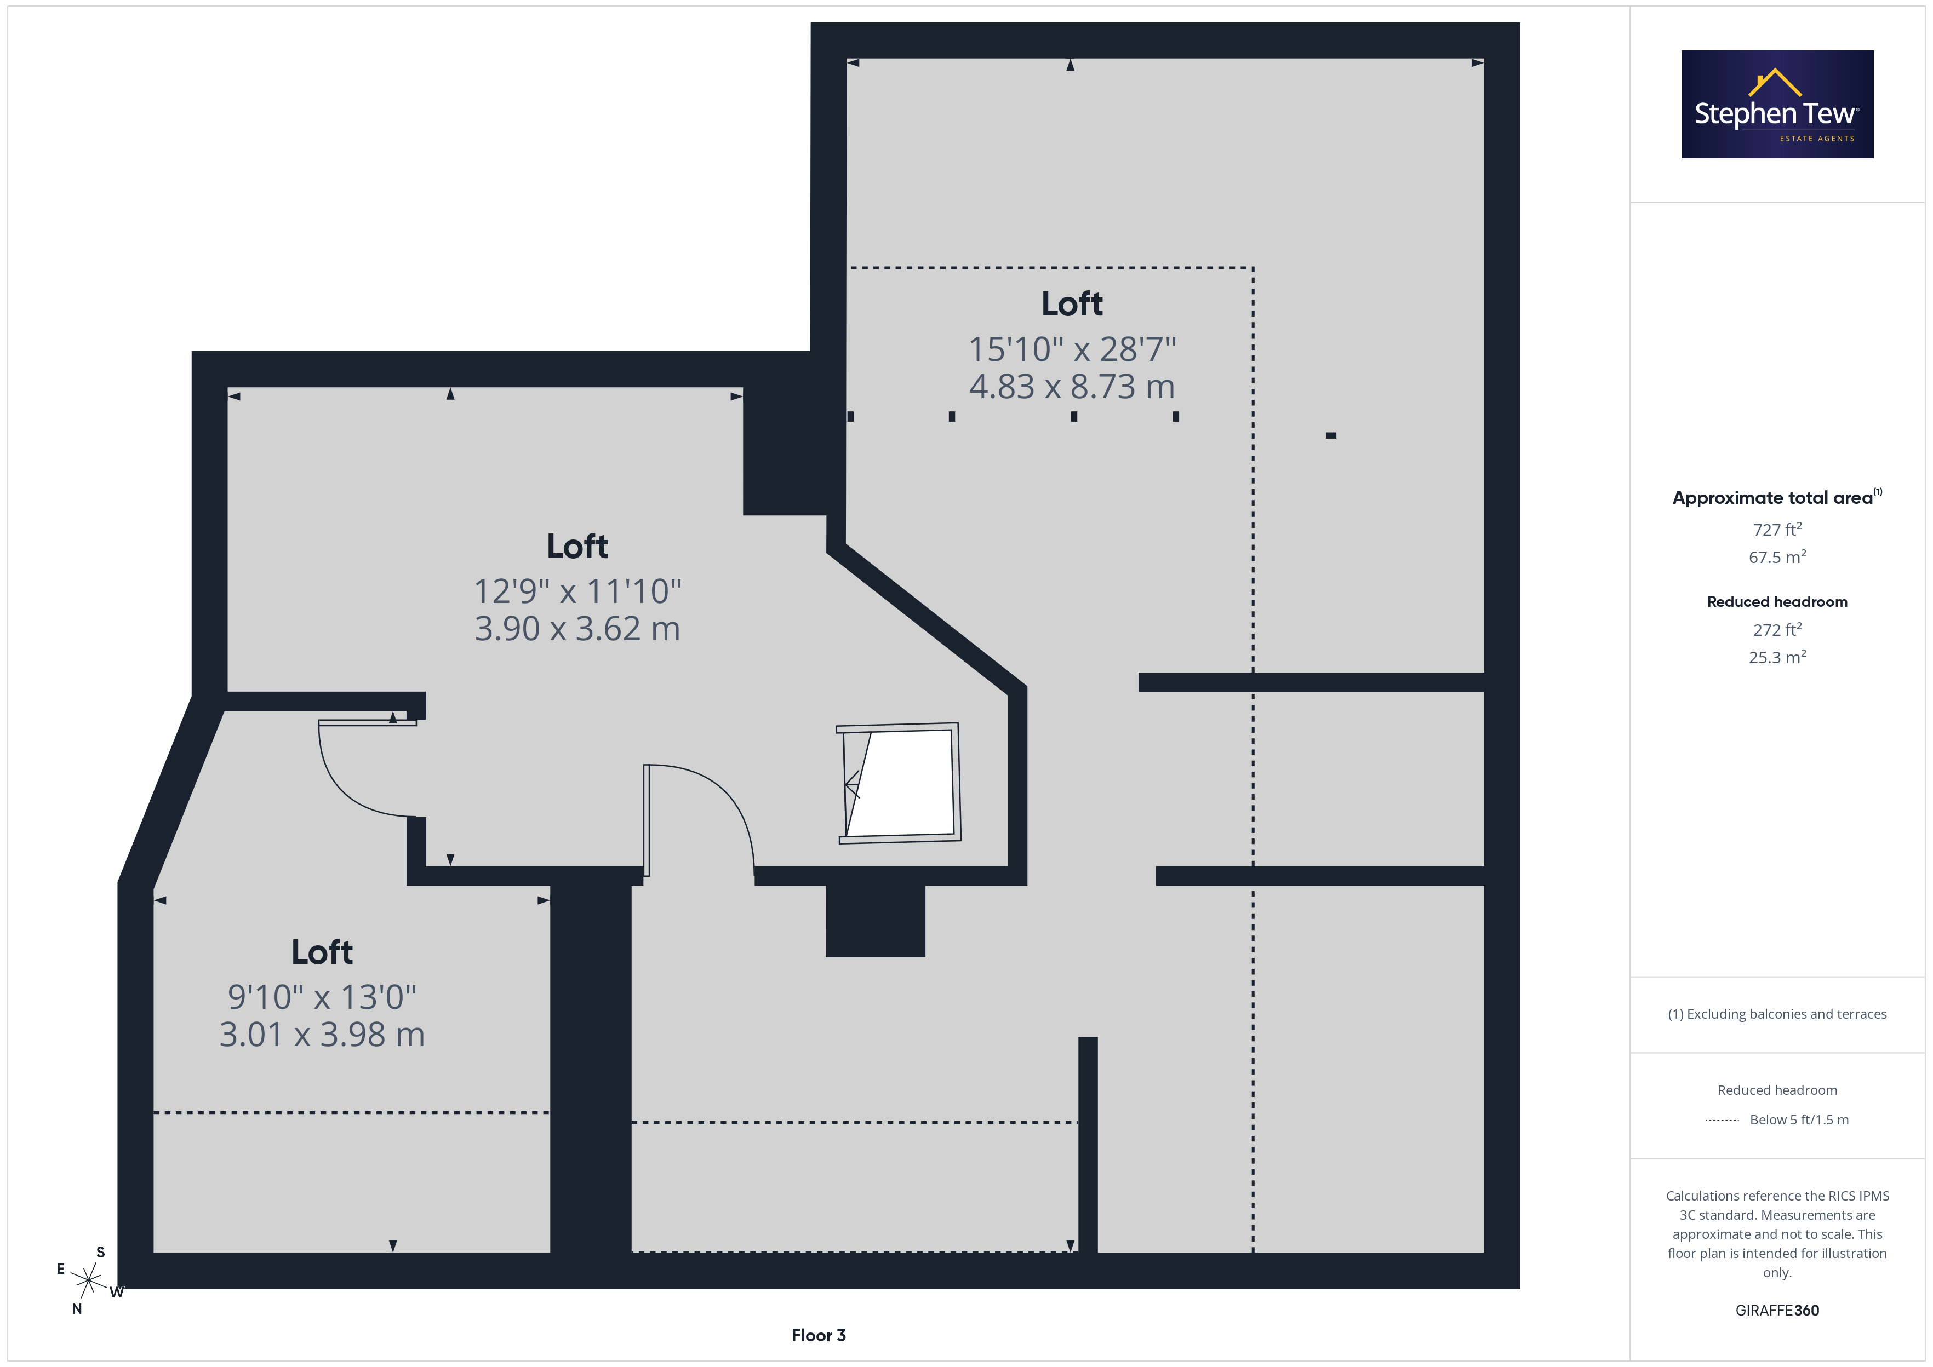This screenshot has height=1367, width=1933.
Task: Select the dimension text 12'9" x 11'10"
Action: click(x=577, y=591)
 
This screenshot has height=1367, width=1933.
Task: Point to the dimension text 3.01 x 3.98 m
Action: click(x=323, y=1035)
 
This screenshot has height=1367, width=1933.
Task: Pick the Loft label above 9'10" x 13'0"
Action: click(x=323, y=952)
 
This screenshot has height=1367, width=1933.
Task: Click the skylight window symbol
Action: click(x=899, y=783)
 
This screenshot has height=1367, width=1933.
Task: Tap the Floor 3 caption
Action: click(x=819, y=1335)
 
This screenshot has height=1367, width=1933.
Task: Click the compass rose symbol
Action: click(x=88, y=1280)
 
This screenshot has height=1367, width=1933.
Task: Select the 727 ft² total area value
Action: click(x=1777, y=530)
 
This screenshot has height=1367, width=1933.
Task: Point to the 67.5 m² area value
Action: click(x=1777, y=557)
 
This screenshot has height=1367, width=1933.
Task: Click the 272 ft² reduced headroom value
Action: click(x=1777, y=630)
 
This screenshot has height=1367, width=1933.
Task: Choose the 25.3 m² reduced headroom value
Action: click(x=1777, y=657)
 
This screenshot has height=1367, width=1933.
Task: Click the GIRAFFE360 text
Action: click(x=1777, y=1311)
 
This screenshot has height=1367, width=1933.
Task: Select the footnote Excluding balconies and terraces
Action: click(x=1777, y=1014)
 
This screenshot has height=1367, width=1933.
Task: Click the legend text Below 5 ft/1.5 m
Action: click(x=1799, y=1119)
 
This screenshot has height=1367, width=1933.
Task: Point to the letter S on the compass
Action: click(x=101, y=1253)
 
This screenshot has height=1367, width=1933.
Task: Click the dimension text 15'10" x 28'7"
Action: click(x=1072, y=349)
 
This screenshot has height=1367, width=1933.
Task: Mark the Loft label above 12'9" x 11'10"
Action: click(x=577, y=546)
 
